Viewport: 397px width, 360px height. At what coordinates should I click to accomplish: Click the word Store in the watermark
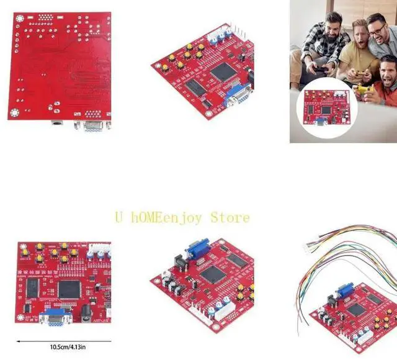[x=230, y=217]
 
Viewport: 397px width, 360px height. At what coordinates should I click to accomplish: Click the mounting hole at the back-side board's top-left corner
[x=18, y=20]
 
